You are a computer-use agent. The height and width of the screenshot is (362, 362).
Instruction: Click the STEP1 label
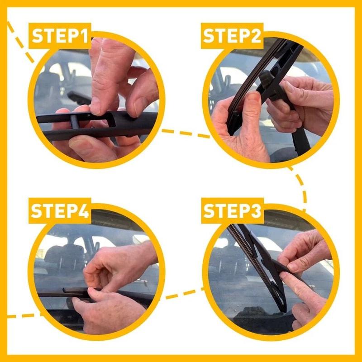click(x=61, y=36)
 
